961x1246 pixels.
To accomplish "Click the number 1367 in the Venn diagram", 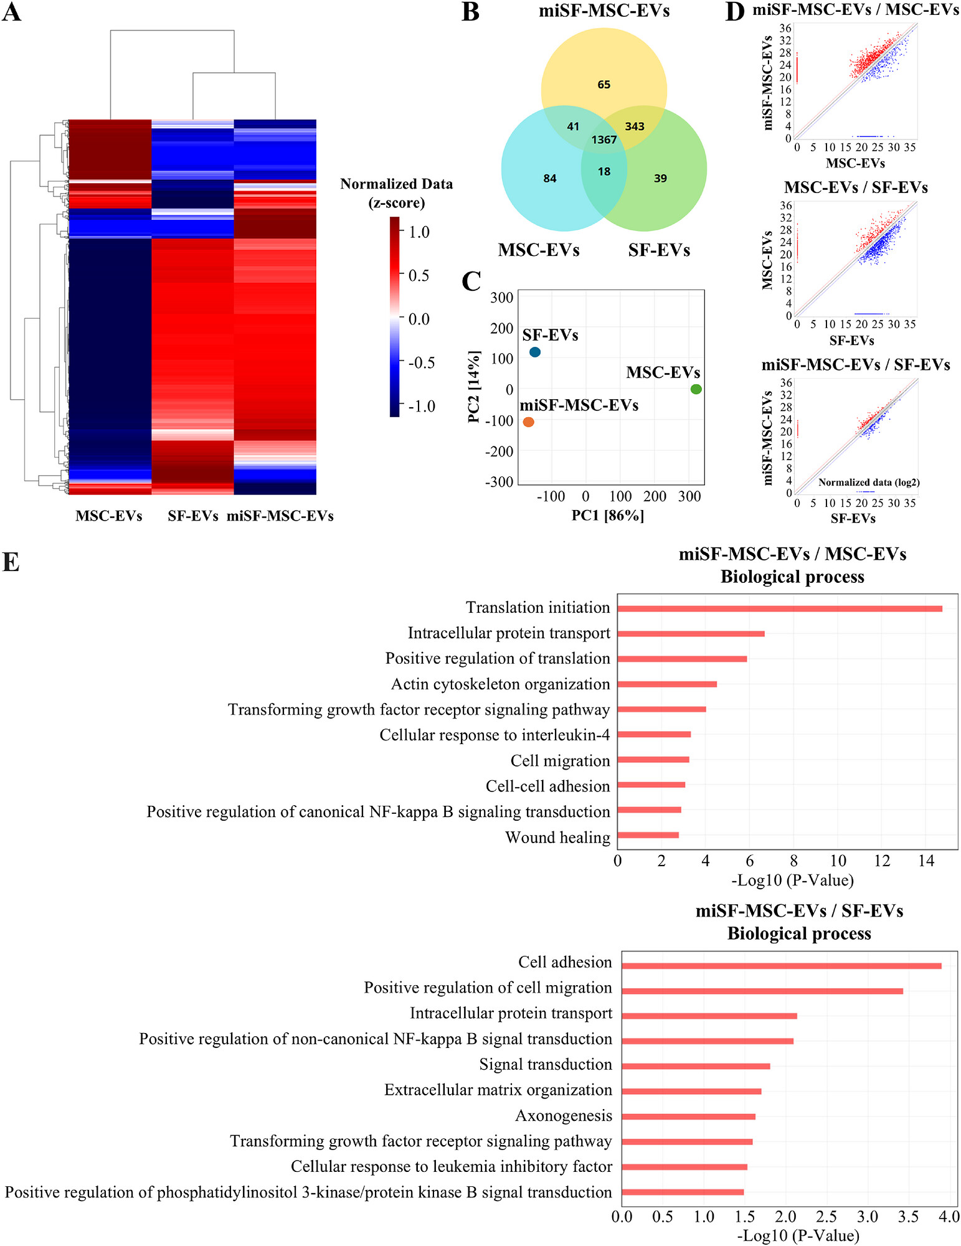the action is point(604,139).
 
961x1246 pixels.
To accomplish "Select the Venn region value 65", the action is point(604,85).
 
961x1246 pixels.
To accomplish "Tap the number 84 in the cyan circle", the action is point(550,179).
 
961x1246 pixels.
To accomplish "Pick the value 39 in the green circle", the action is point(660,179).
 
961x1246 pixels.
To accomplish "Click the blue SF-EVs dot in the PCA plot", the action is point(535,352).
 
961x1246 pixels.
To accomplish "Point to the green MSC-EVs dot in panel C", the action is point(696,389).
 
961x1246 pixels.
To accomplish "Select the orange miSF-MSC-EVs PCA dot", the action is point(529,422).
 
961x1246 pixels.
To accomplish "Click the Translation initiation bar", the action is point(780,608).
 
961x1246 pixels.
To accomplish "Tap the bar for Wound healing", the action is point(648,835).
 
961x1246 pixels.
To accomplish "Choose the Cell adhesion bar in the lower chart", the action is point(782,966).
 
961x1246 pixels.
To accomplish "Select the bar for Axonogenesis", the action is point(689,1116).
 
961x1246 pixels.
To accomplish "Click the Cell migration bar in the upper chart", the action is point(653,760).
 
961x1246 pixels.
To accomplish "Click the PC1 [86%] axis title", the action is point(608,515).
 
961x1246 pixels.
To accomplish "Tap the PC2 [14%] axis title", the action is point(474,387).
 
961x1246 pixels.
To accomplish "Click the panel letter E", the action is point(11,562).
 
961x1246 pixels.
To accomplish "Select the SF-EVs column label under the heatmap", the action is point(193,516).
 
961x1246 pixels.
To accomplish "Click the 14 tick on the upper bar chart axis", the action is point(926,861).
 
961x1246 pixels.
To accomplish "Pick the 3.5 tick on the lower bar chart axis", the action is point(909,1216).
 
